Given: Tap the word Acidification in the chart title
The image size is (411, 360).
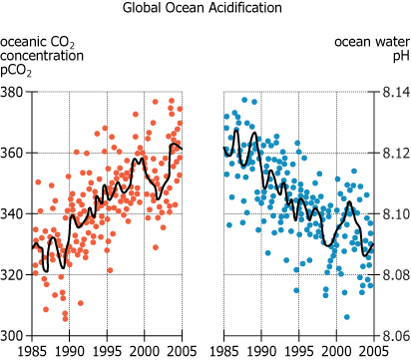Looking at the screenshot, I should (244, 8).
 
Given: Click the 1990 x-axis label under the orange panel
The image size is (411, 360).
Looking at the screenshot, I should (70, 351).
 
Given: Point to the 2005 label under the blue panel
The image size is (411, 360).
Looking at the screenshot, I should (372, 351).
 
